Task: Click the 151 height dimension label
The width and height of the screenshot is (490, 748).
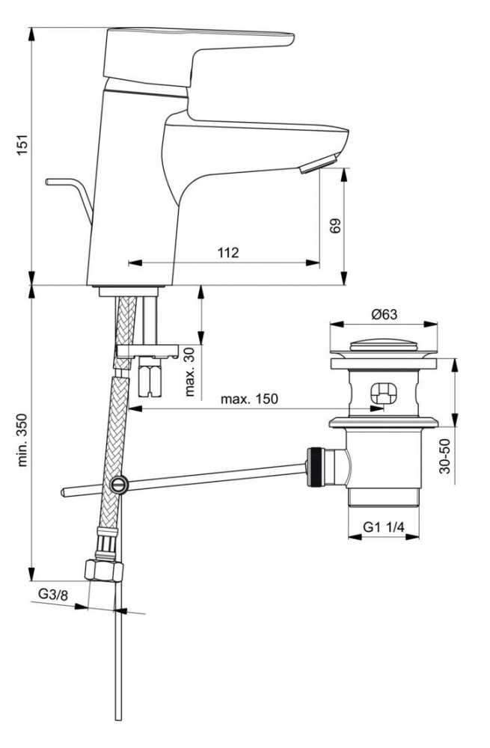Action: point(23,144)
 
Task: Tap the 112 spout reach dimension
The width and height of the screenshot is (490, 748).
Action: point(228,252)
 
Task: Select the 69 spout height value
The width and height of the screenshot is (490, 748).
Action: point(336,226)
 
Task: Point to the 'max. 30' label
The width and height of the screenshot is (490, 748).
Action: point(190,372)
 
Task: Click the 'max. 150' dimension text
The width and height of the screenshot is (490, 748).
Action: point(249,399)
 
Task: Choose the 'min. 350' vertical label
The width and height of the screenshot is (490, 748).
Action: point(22,440)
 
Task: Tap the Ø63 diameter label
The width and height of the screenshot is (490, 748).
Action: point(384,314)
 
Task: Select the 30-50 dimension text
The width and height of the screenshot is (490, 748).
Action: point(444,456)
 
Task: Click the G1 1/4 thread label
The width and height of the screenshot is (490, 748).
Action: point(384,527)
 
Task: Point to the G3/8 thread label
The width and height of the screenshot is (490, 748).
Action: point(53,595)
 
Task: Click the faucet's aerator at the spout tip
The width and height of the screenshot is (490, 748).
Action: point(319,162)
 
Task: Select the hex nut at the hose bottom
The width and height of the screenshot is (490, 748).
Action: point(103,570)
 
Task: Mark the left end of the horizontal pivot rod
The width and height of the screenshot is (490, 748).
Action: point(62,493)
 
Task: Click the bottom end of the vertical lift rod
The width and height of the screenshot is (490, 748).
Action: point(119,719)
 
